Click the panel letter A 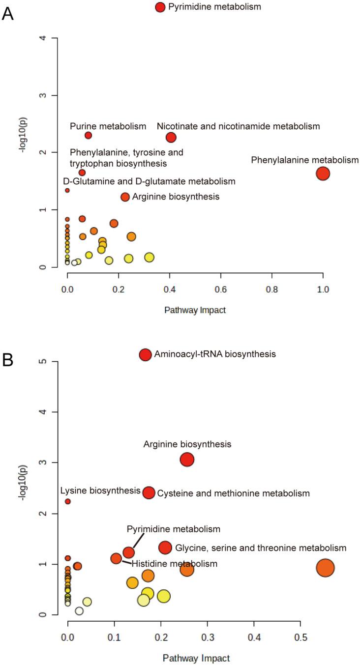pos(8,13)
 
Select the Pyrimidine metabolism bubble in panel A pos(160,7)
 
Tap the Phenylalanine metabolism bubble pos(323,173)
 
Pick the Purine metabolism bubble pos(89,135)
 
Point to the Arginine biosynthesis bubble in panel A pos(125,197)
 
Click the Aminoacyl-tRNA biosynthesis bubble pos(145,355)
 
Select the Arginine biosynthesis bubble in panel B pos(187,460)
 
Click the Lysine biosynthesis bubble pos(68,501)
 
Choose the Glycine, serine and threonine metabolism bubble pos(165,548)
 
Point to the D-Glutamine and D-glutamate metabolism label pos(149,181)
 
